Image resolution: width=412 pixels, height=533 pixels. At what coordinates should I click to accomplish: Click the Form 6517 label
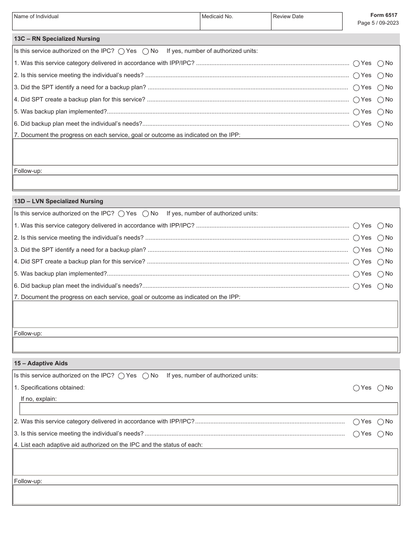[383, 15]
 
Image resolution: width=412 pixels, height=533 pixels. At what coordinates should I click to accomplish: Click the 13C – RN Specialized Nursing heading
[57, 39]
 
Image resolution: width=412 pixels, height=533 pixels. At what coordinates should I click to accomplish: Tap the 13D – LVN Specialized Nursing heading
[59, 201]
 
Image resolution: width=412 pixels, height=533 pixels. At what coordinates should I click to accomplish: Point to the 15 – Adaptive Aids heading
[41, 364]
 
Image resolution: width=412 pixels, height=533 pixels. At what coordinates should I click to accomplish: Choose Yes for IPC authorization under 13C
[121, 51]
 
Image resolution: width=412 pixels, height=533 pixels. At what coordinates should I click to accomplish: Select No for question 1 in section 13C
[380, 63]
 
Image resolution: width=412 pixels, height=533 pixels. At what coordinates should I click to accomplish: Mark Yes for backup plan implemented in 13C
[356, 112]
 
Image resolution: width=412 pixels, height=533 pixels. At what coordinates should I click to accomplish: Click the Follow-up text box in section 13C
[206, 182]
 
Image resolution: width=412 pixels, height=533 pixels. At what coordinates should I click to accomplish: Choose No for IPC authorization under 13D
[146, 214]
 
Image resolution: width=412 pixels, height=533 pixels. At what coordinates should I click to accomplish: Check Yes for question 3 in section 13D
[356, 250]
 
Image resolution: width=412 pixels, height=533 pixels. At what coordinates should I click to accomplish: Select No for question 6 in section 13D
[380, 286]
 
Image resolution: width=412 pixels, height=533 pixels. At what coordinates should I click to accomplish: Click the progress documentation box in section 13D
[206, 314]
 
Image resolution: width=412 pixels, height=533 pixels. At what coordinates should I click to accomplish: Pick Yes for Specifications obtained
[356, 388]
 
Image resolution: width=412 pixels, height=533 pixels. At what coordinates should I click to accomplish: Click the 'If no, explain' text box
[208, 409]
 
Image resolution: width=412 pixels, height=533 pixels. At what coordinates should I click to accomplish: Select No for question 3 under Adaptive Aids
[380, 434]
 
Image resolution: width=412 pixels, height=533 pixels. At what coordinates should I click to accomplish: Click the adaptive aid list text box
[206, 462]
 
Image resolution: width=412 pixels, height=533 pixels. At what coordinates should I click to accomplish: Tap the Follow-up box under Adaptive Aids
[206, 495]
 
